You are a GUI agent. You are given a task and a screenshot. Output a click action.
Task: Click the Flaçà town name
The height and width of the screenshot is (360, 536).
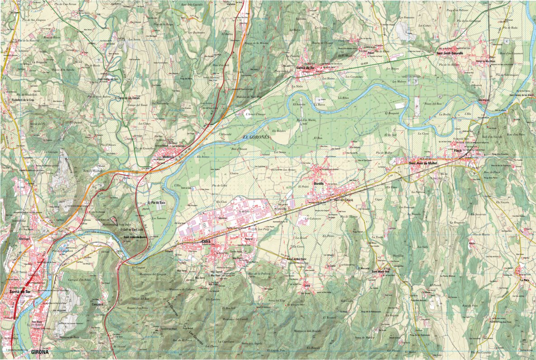(x=457, y=151)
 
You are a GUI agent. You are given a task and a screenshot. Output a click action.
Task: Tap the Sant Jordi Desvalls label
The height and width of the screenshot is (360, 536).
(x=450, y=53)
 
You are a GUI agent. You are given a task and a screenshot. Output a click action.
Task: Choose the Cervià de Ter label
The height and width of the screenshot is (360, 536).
(x=305, y=68)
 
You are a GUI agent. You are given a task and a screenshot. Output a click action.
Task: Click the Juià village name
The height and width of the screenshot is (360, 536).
(x=308, y=285)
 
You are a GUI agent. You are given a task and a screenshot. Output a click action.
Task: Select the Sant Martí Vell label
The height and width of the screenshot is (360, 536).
(x=381, y=271)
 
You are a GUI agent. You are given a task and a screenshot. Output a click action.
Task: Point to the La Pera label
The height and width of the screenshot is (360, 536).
(x=524, y=281)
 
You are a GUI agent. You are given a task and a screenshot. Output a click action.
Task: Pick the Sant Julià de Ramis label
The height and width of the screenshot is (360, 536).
(x=135, y=237)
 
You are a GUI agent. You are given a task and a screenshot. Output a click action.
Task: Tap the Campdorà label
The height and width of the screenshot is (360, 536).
(x=97, y=304)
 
